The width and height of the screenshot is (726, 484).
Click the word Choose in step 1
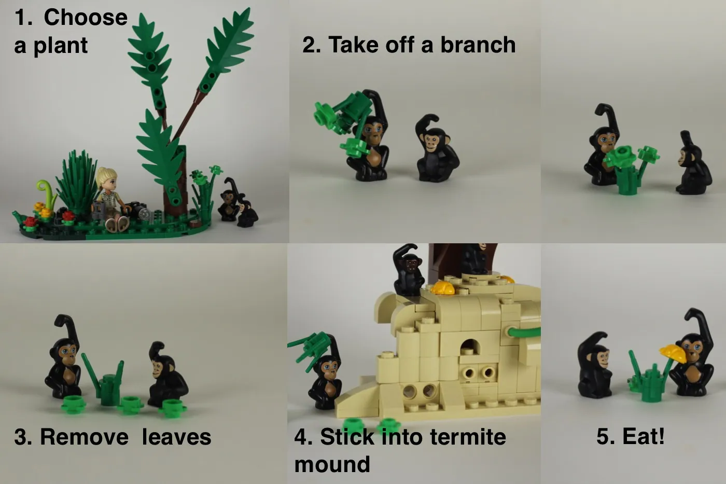pos(86,18)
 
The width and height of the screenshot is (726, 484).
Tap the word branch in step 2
pos(478,45)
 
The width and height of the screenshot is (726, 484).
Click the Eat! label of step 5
pos(630,436)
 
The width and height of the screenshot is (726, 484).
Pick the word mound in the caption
pos(332,464)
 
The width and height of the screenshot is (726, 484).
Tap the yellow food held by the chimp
pos(673,353)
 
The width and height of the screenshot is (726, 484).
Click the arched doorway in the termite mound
pos(469,347)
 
